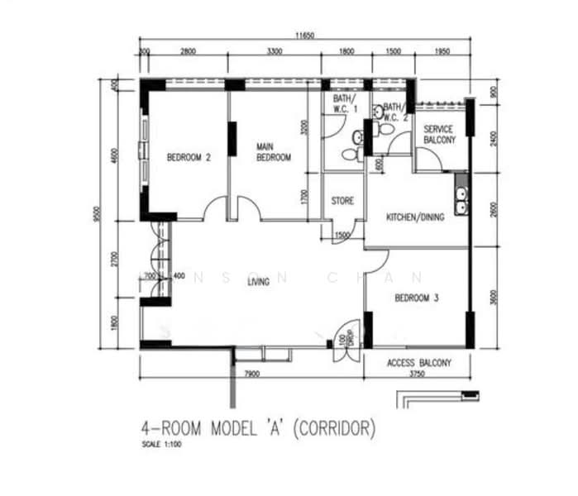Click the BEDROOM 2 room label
[188, 157]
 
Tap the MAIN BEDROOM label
[273, 152]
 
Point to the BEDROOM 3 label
[416, 298]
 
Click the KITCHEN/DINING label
[416, 217]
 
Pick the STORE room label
[342, 201]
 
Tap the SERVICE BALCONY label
[439, 136]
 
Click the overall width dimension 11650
[306, 36]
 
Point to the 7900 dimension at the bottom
[252, 374]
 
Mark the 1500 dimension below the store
[342, 237]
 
